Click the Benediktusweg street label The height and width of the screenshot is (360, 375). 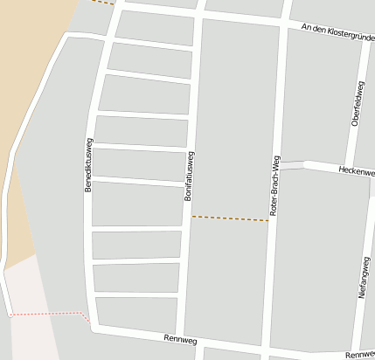tap(88, 165)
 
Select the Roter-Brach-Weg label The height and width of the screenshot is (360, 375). tap(274, 185)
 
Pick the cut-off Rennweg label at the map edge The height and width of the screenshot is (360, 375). tap(359, 355)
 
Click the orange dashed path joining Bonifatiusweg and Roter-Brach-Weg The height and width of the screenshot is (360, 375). tap(230, 218)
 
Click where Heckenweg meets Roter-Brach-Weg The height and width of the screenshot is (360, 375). tap(279, 164)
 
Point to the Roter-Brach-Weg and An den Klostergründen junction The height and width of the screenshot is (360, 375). tap(285, 24)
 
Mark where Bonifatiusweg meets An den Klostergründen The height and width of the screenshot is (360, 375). tap(201, 15)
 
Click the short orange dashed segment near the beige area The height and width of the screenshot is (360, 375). tap(102, 3)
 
